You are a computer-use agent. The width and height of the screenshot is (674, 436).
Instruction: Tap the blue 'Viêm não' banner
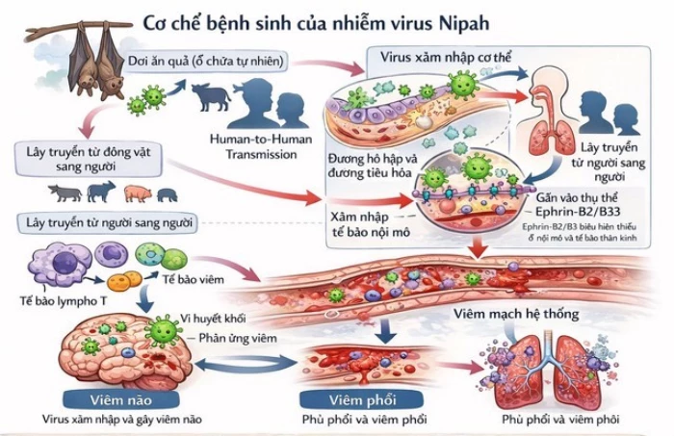pyautogui.click(x=107, y=400)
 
